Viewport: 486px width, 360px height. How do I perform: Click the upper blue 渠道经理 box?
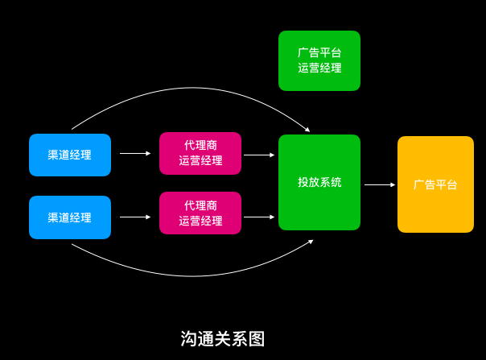point(70,155)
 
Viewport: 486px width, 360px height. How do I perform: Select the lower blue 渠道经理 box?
point(70,217)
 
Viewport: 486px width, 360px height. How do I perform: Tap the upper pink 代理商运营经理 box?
point(200,153)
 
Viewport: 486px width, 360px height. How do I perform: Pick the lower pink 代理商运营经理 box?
point(200,213)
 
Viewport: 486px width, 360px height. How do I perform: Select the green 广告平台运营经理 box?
point(319,60)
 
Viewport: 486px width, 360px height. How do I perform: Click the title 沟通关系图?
point(223,339)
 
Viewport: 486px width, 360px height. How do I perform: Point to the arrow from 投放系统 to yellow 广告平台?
point(379,184)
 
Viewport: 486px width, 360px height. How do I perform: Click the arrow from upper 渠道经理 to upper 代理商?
point(135,153)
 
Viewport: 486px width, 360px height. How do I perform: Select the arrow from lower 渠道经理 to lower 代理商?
point(135,217)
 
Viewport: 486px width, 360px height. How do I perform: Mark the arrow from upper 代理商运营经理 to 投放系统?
point(259,155)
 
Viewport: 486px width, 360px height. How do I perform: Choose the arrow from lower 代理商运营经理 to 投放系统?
point(259,217)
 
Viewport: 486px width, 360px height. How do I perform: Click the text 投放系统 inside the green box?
point(319,182)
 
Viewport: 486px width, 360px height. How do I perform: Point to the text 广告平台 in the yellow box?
point(435,184)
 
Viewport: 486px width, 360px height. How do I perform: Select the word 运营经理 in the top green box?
point(319,68)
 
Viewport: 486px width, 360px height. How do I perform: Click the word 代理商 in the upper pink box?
point(200,145)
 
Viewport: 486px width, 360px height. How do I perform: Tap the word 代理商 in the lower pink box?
point(200,205)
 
